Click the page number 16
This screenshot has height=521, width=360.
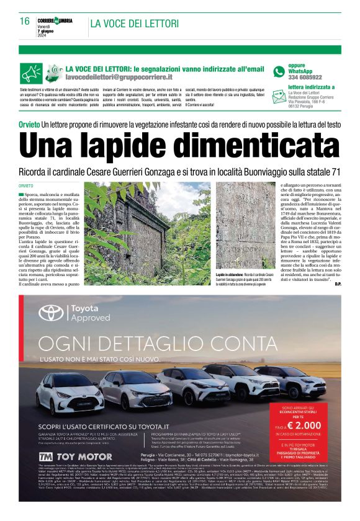tap(25, 21)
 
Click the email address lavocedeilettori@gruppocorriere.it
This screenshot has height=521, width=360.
tap(119, 78)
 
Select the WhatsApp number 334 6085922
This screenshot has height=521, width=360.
tap(305, 78)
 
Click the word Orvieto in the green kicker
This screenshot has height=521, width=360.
tap(29, 124)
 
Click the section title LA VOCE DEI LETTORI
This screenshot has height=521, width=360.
tap(135, 24)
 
